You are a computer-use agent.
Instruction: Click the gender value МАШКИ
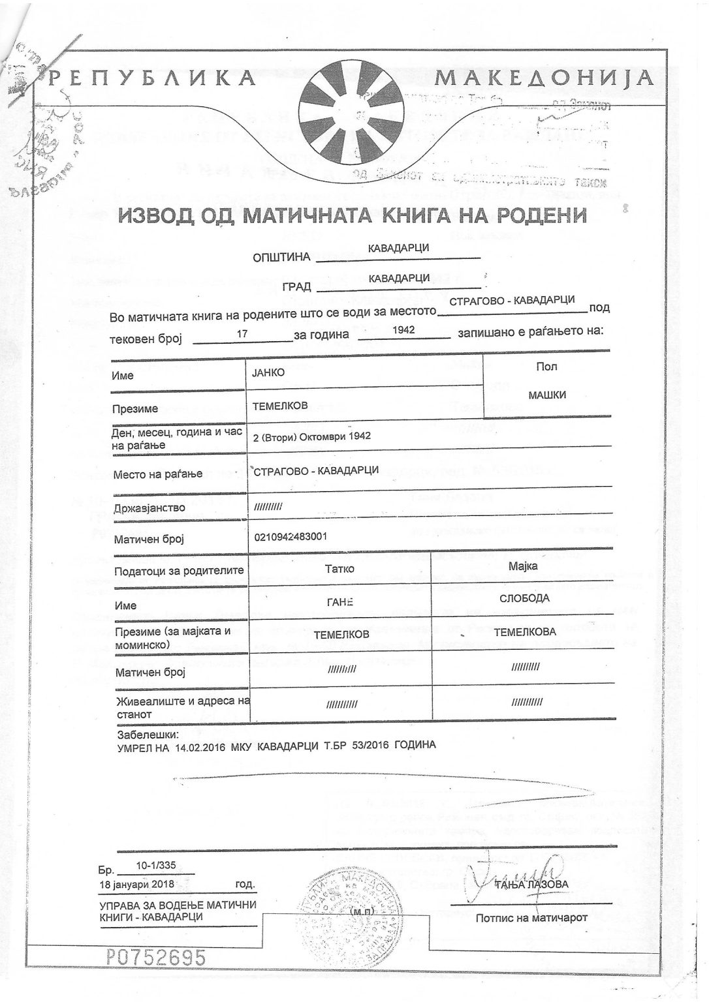(546, 395)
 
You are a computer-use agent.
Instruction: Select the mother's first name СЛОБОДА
(524, 598)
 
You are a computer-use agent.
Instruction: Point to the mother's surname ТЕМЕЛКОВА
(525, 631)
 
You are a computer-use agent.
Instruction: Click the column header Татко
(339, 568)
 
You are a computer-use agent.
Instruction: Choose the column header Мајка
(523, 566)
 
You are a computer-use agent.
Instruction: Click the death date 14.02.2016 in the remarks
(198, 745)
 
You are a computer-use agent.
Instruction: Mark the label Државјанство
(150, 508)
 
